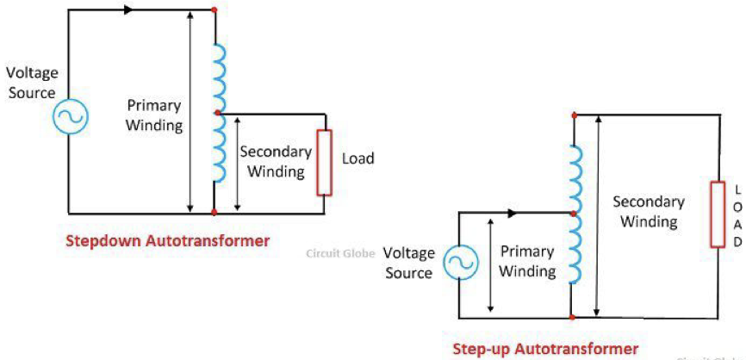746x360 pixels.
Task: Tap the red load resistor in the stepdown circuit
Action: click(324, 162)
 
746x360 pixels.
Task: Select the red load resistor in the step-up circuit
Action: click(718, 214)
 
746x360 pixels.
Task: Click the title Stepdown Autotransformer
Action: click(167, 241)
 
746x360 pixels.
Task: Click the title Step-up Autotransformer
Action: click(545, 349)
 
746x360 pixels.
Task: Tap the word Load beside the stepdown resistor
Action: click(357, 158)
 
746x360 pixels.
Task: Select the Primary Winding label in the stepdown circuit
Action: click(155, 115)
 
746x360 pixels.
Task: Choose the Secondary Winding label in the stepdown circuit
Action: click(276, 161)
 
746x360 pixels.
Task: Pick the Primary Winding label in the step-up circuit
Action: click(528, 261)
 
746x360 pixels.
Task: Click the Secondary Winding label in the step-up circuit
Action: click(649, 212)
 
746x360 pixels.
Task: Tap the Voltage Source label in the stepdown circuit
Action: click(32, 83)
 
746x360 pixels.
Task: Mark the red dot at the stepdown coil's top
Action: click(214, 11)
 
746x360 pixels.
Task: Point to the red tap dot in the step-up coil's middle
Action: click(572, 214)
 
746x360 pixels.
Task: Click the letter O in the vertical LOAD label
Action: click(737, 208)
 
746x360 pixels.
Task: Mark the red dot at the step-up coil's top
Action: click(573, 113)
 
